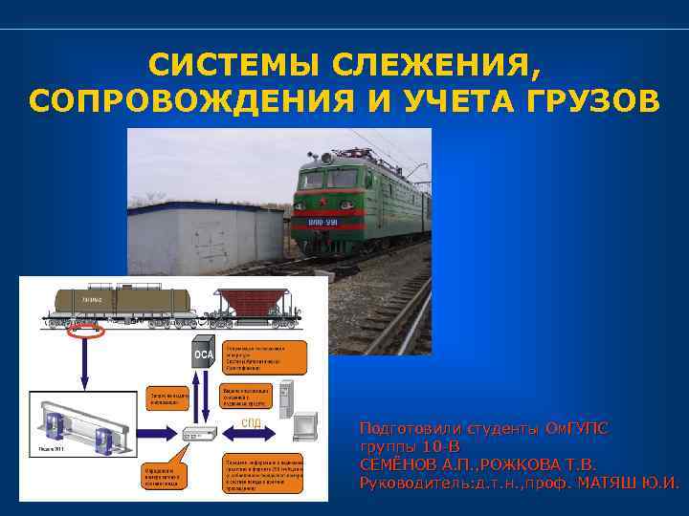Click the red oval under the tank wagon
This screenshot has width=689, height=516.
pyautogui.click(x=86, y=332)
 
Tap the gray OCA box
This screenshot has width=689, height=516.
pyautogui.click(x=204, y=353)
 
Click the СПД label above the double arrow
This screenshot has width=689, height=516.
pyautogui.click(x=251, y=420)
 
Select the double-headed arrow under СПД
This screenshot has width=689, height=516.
pyautogui.click(x=252, y=432)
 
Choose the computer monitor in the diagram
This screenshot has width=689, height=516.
pyautogui.click(x=305, y=426)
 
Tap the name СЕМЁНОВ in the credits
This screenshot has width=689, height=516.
pyautogui.click(x=393, y=464)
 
